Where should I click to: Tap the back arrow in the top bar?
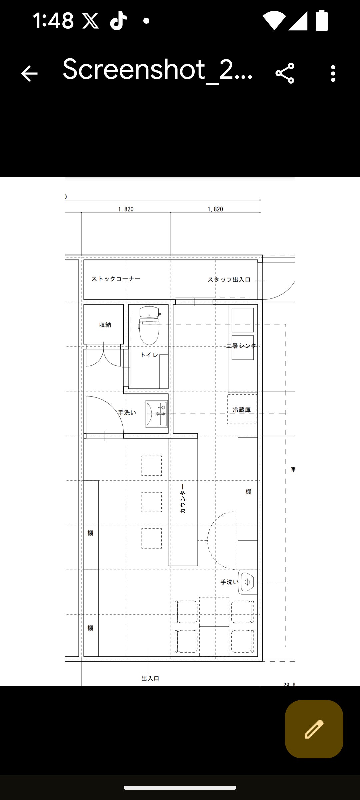coord(29,73)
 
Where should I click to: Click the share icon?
coord(285,73)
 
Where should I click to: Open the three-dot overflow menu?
coord(333,73)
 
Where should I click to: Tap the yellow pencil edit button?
coord(314,729)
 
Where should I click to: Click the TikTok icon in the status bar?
coord(118,21)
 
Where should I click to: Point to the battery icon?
coord(322,20)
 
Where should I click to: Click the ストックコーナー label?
coord(116,279)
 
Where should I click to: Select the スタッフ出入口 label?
coord(229,280)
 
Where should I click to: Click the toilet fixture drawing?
coord(149,325)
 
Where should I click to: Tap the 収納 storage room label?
coord(105,325)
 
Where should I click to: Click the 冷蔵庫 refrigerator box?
coord(242,409)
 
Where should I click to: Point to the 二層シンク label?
coord(241,346)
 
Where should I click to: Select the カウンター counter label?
coord(183,499)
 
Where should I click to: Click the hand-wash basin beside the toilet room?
coord(156,414)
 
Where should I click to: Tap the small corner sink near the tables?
coord(248,582)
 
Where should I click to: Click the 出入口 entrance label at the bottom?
coord(150,678)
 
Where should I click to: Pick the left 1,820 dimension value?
coord(126,209)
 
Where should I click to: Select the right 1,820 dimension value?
coord(215,209)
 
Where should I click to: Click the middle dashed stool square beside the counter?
coord(152,502)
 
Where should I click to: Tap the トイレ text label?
coord(149,355)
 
